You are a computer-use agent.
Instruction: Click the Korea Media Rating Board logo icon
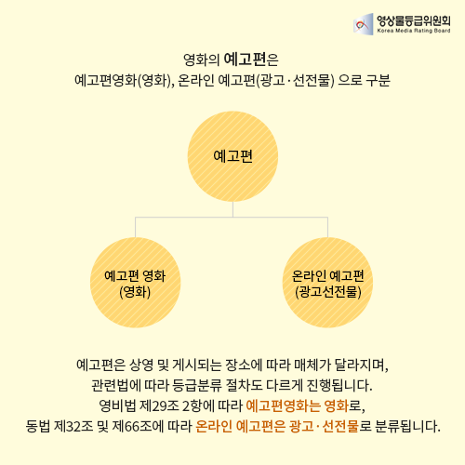coord(364,24)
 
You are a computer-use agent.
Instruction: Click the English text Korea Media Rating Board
coord(414,31)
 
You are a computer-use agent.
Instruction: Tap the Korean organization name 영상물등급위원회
coord(414,20)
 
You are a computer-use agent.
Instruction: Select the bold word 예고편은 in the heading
coord(251,60)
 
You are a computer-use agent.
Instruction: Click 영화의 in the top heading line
coord(202,60)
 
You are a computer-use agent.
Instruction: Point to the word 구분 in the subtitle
coord(378,80)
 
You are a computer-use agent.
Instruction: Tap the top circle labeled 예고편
coord(232,156)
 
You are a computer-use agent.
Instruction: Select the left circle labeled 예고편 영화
coord(135,283)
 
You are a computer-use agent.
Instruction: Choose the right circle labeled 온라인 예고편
coord(327,283)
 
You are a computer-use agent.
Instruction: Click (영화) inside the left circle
coord(135,292)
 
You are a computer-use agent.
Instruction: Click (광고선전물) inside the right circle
coord(328,292)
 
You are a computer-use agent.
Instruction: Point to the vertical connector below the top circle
coord(232,209)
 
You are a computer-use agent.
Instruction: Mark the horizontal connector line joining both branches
coord(232,218)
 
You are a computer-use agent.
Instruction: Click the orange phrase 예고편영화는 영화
coord(298,405)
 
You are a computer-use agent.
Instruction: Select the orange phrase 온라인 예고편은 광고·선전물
coord(277,426)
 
